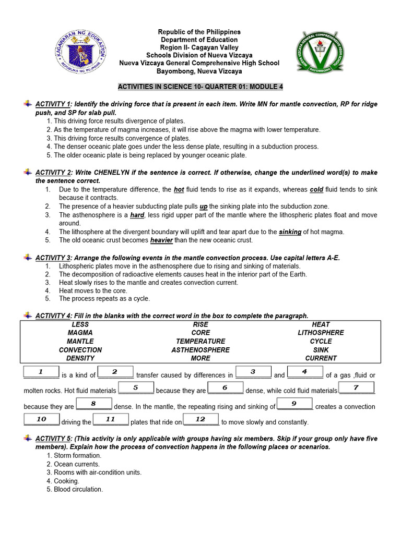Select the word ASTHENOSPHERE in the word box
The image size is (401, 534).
pos(200,350)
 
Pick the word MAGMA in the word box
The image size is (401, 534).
pos(80,333)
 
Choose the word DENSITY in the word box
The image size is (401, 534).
pos(80,358)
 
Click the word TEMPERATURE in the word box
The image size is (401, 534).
pos(200,341)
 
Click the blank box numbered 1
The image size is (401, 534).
pos(41,372)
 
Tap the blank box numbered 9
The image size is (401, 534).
pos(294,404)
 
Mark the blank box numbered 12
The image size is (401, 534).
pos(200,419)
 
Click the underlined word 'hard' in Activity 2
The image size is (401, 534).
pos(137,215)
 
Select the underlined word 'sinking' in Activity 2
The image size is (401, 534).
pos(290,232)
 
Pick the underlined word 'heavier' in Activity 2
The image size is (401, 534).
pos(161,240)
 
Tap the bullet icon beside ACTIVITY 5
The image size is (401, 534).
pos(28,439)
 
